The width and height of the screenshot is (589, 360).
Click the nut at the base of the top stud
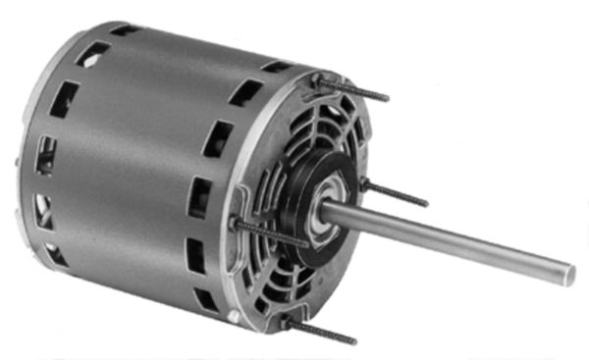(x=320, y=78)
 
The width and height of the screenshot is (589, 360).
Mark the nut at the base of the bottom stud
(x=286, y=320)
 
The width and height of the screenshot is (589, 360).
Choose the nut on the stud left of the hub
(x=238, y=225)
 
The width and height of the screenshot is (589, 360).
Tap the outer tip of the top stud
(x=387, y=98)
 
